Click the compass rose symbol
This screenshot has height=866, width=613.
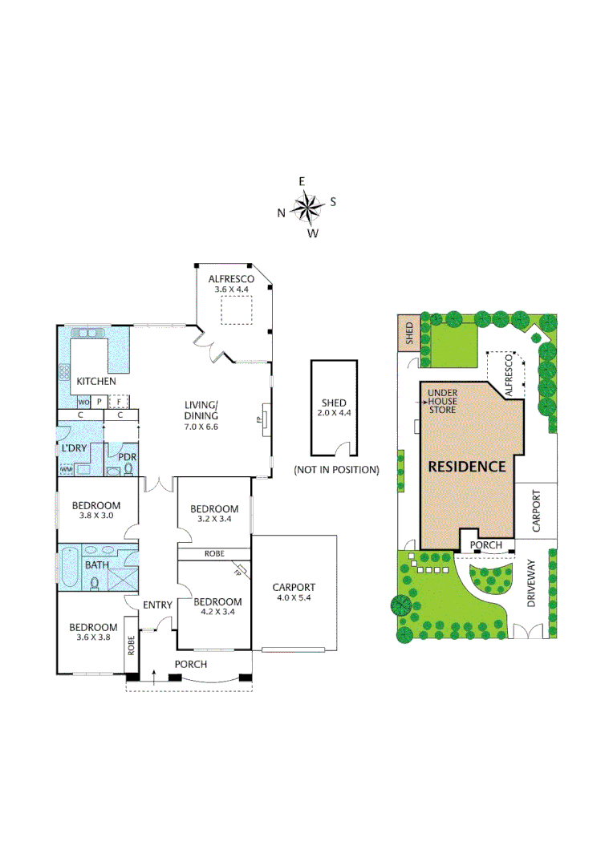point(306,208)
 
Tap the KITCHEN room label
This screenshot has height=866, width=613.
point(95,382)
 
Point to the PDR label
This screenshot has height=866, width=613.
point(128,457)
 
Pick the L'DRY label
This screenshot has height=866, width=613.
point(74,447)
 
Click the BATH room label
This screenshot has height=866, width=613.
point(96,565)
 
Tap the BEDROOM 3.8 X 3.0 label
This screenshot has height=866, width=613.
point(95,511)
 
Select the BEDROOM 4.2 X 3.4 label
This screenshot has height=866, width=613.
point(217,608)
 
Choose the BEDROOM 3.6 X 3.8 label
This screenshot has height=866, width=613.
point(92,633)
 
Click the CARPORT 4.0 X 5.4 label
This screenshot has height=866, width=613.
point(294,592)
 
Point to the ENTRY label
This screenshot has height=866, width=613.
point(157,605)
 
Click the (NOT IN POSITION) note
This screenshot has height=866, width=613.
point(336,469)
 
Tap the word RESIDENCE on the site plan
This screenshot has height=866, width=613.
point(466,466)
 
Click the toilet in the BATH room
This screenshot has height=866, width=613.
point(95,584)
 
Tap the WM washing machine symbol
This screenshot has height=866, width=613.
point(67,469)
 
